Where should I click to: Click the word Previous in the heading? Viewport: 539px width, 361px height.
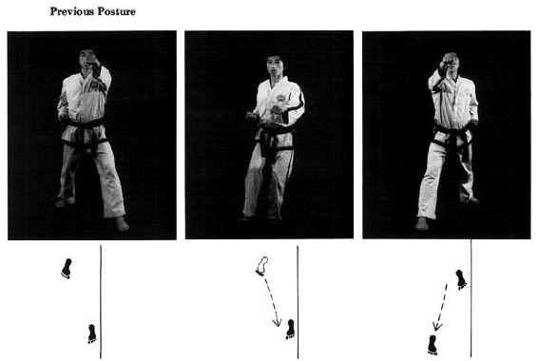click(x=72, y=11)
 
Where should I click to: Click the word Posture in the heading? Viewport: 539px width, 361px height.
click(x=117, y=11)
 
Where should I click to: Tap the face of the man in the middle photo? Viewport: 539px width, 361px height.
click(x=275, y=67)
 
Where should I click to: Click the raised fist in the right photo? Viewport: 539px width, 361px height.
click(x=450, y=58)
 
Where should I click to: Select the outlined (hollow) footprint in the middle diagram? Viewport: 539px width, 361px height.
click(x=262, y=266)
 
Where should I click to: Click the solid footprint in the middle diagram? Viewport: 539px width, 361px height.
click(x=291, y=330)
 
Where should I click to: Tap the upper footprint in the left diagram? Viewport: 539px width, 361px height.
click(x=67, y=268)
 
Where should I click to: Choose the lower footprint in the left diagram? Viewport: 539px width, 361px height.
click(x=92, y=333)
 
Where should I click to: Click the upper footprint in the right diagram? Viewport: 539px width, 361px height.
click(x=461, y=279)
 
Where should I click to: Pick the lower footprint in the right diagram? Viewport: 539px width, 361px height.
click(x=433, y=345)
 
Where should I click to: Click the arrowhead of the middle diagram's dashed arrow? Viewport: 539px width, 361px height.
click(x=277, y=323)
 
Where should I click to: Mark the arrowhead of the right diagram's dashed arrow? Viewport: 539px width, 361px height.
click(x=437, y=326)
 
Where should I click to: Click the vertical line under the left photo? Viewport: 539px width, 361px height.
click(x=101, y=302)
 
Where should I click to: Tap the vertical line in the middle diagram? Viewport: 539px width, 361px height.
click(x=298, y=302)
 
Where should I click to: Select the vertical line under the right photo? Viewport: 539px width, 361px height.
click(x=472, y=298)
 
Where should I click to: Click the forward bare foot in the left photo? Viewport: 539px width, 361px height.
click(x=122, y=223)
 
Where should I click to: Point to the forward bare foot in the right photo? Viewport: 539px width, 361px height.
click(x=422, y=223)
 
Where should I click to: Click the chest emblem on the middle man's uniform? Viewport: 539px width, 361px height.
click(x=280, y=98)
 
